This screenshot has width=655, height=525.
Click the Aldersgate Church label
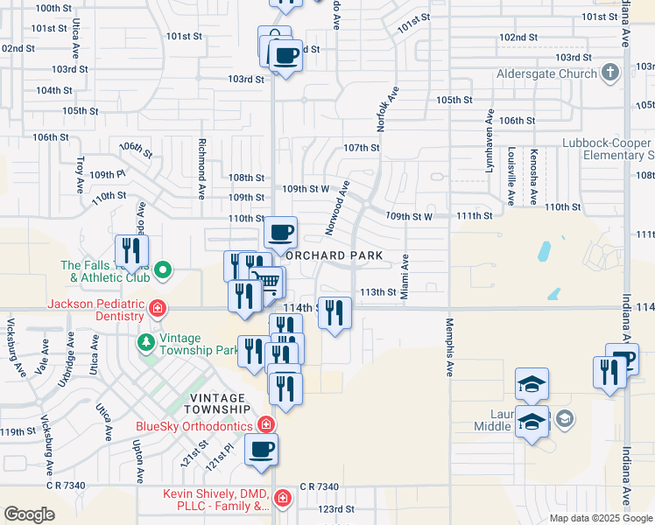click(x=546, y=74)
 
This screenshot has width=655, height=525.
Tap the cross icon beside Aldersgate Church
click(x=610, y=73)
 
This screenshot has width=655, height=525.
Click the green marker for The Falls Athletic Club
click(x=161, y=270)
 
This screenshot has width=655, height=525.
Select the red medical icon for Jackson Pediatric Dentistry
click(x=158, y=308)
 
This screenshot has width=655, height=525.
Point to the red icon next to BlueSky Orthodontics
click(x=266, y=426)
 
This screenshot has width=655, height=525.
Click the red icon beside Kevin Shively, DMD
click(x=282, y=500)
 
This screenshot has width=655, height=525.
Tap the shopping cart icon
click(x=269, y=282)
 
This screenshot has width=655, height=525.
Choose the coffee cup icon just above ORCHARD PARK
click(x=281, y=233)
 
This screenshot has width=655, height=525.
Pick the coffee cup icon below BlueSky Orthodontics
click(x=260, y=451)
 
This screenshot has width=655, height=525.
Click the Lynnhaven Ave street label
click(x=489, y=140)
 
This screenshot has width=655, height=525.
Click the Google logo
click(x=29, y=514)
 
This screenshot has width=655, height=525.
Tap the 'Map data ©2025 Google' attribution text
click(x=601, y=518)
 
